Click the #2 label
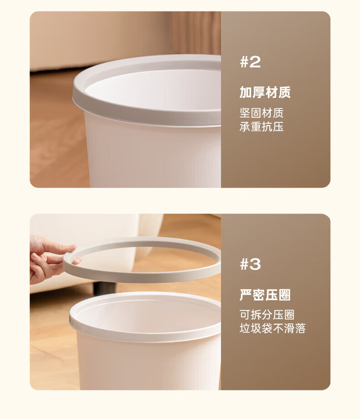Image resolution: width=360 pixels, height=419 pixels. pyautogui.click(x=250, y=62)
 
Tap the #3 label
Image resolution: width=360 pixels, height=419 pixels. pyautogui.click(x=250, y=264)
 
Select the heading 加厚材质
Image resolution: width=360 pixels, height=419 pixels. pyautogui.click(x=265, y=92)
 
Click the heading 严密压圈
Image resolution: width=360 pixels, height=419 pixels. pyautogui.click(x=265, y=295)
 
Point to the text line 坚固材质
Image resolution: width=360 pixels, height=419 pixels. pyautogui.click(x=261, y=113)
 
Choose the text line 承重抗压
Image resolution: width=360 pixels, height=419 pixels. pyautogui.click(x=261, y=127)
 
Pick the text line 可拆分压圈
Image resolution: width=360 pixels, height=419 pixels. pyautogui.click(x=267, y=315)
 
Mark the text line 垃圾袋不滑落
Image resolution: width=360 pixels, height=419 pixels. pyautogui.click(x=273, y=328)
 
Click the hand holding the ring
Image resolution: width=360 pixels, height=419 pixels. pyautogui.click(x=48, y=259)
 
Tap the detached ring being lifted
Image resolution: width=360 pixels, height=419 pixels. pyautogui.click(x=142, y=278)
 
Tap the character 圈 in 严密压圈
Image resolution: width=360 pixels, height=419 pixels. pyautogui.click(x=284, y=295)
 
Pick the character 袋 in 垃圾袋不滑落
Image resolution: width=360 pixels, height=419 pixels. pyautogui.click(x=267, y=328)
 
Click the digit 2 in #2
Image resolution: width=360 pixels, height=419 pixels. pyautogui.click(x=255, y=62)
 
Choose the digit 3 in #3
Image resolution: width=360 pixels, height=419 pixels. pyautogui.click(x=255, y=264)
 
